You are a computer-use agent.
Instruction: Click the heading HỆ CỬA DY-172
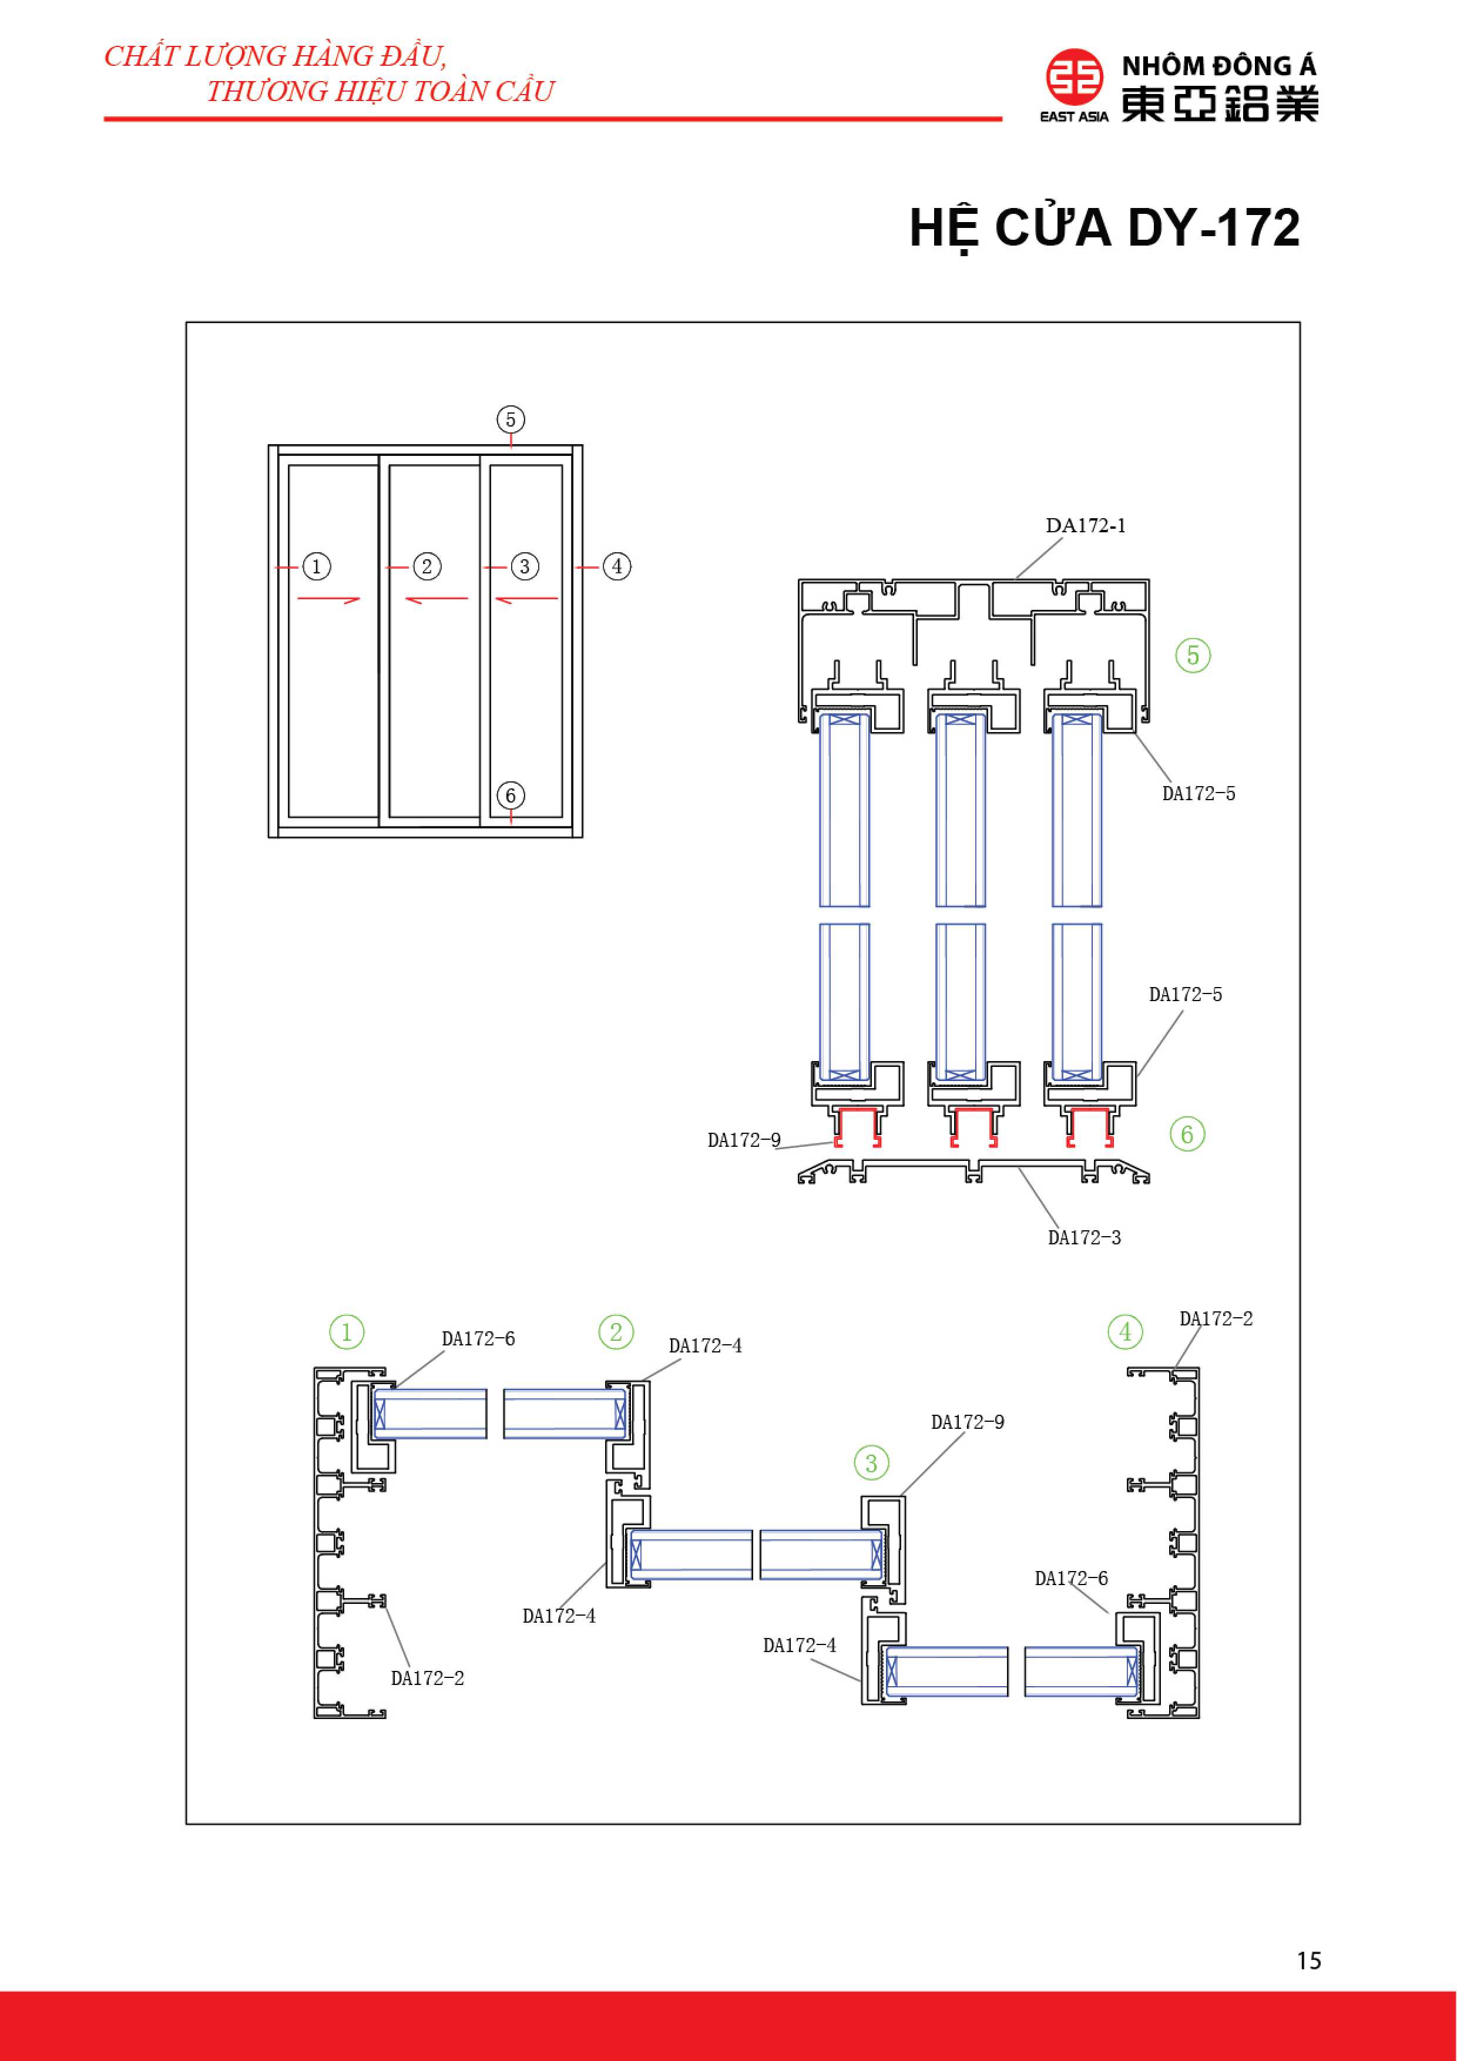pos(1103,228)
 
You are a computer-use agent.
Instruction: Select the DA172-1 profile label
pos(1085,526)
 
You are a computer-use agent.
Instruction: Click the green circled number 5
pos(1192,655)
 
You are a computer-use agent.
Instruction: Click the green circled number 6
pos(1187,1134)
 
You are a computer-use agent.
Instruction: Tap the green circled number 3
pos(871,1463)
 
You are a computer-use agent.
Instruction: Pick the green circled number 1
pos(347,1332)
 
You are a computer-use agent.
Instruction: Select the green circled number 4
pos(1125,1332)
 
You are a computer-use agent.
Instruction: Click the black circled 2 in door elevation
pos(427,566)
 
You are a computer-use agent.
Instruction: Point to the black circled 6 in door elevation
pos(511,795)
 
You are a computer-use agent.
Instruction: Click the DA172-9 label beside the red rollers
pos(743,1140)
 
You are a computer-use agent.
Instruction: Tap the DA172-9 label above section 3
pos(967,1422)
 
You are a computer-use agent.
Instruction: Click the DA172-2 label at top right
pos(1216,1318)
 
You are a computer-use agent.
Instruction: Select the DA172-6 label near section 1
pos(478,1338)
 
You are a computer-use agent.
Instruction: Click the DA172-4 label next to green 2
pos(705,1345)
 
